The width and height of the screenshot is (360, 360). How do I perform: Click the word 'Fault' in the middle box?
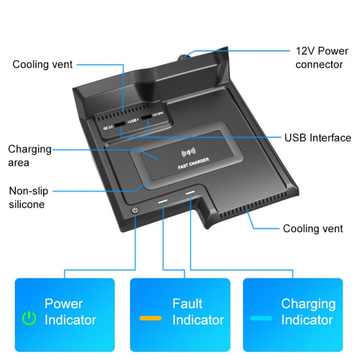point(187,304)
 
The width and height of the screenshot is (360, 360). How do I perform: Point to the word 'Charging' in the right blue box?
point(308,304)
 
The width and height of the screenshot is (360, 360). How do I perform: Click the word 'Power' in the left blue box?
point(63,304)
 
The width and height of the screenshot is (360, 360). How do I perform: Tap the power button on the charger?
point(136,210)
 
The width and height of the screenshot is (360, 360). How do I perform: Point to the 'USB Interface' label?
point(317,138)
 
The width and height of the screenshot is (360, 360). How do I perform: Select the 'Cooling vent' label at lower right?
point(313,229)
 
